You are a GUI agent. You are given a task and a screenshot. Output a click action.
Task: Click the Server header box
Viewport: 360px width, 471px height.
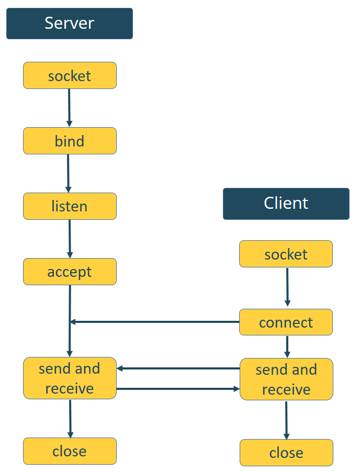(70, 24)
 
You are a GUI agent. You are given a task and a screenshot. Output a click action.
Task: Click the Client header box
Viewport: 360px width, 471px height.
(286, 204)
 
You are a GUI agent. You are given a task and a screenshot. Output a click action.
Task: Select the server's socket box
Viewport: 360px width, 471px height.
(70, 76)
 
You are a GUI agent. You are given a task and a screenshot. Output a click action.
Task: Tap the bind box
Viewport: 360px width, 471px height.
(70, 141)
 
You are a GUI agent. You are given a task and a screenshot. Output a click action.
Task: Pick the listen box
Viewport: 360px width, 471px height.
(70, 206)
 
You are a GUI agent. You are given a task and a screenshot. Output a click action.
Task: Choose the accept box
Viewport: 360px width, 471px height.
(70, 272)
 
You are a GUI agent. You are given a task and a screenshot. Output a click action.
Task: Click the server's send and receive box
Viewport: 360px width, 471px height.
(70, 378)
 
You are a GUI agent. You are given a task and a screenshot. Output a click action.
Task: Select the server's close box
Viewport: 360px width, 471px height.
(70, 451)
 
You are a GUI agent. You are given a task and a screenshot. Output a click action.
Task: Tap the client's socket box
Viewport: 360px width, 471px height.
(286, 254)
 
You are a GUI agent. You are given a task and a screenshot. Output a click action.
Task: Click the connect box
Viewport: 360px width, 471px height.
(286, 322)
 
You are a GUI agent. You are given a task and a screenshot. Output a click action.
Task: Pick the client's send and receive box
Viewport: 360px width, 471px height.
(286, 379)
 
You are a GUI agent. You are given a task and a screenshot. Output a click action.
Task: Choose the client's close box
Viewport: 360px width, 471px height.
(286, 453)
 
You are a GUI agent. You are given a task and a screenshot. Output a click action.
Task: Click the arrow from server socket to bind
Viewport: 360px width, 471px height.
(69, 108)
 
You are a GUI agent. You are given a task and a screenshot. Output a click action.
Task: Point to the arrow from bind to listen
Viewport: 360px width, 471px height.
(68, 173)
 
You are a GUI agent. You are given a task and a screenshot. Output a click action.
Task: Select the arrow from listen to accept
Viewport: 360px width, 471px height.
(70, 239)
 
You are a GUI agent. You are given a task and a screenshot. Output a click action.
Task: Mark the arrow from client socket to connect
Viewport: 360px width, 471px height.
(287, 287)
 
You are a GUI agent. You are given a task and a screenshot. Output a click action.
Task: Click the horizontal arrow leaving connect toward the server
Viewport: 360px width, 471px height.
(157, 321)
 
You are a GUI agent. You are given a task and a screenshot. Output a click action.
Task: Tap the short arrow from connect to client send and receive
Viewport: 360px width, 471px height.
(287, 346)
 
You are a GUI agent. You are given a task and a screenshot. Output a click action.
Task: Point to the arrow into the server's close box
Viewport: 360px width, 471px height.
(70, 419)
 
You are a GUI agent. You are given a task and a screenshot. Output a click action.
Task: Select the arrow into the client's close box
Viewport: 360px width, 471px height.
(286, 420)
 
